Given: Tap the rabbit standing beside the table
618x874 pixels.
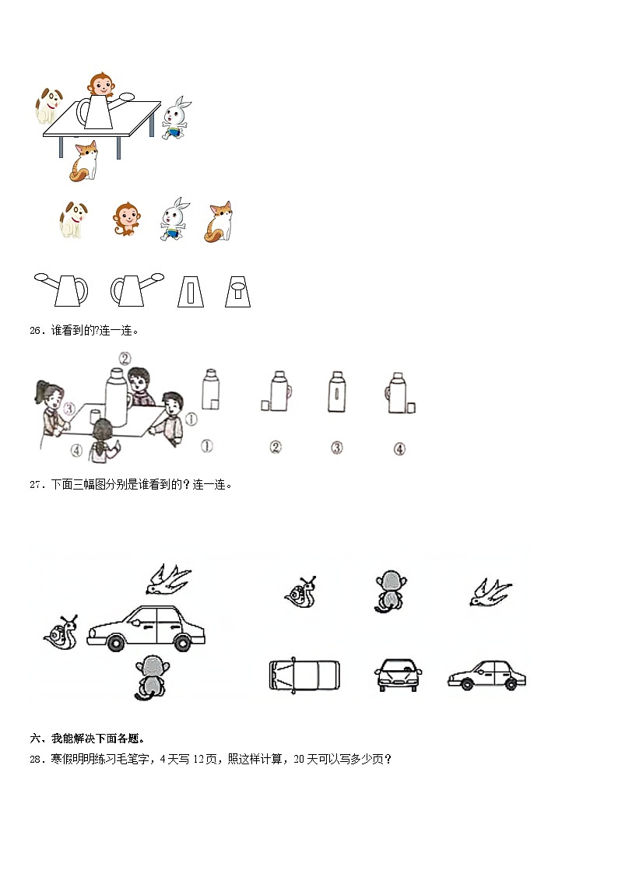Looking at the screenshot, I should [177, 118].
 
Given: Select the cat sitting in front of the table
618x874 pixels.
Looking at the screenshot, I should [83, 160].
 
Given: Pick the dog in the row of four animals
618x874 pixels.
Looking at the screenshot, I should [72, 219].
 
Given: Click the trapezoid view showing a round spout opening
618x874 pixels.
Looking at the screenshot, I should [237, 291].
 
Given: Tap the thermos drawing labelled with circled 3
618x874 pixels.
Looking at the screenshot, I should [336, 391].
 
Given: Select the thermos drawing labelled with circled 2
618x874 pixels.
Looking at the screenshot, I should [276, 391].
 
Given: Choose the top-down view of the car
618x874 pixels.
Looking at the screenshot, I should [304, 675].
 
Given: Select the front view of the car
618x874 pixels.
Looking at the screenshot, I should [399, 675].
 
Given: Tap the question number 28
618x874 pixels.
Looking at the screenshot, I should [37, 760].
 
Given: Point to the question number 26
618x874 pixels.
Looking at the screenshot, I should [37, 331].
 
